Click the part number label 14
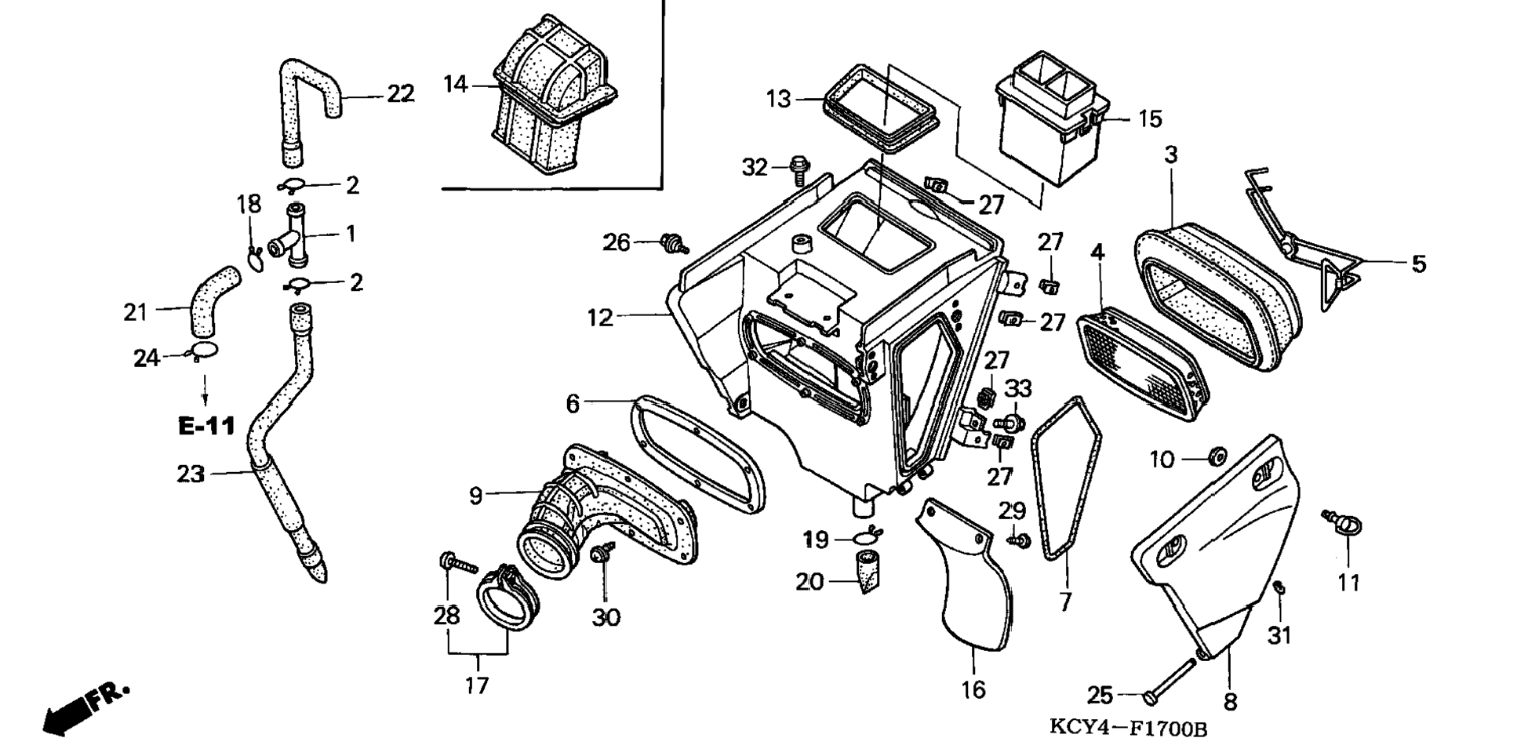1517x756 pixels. point(455,83)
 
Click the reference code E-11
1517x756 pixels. point(206,426)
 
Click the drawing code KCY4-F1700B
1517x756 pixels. point(1128,729)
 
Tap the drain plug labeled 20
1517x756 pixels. point(867,572)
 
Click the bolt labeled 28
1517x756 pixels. point(458,562)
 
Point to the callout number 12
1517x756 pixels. point(600,318)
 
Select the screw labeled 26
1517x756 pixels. point(673,243)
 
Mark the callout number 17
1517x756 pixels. point(477,685)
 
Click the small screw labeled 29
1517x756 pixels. point(1018,541)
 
